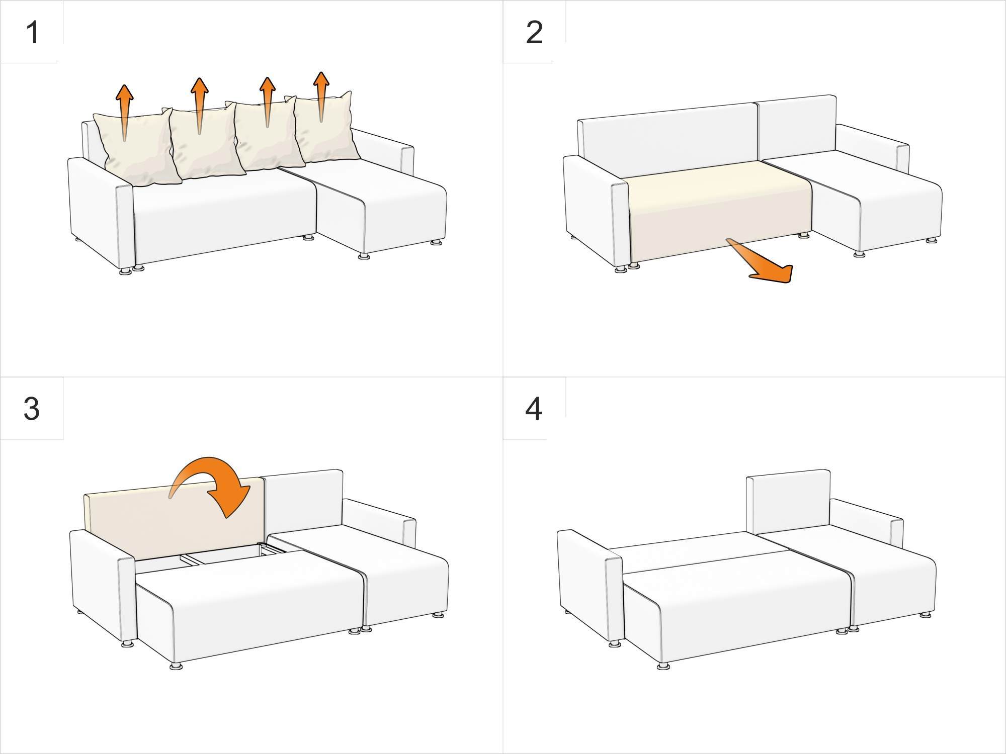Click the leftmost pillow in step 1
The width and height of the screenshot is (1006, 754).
(x=137, y=149)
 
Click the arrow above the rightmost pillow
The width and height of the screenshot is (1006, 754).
(x=321, y=97)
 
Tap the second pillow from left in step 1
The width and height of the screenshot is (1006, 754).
(x=203, y=143)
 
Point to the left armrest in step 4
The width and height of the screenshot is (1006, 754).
(x=591, y=586)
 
